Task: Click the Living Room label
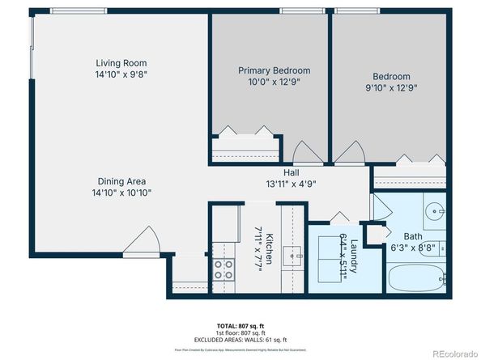(121, 62)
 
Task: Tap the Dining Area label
(121, 181)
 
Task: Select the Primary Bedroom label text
(274, 70)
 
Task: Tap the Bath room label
(402, 236)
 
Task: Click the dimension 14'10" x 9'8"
(121, 74)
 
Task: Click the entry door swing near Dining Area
(146, 240)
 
